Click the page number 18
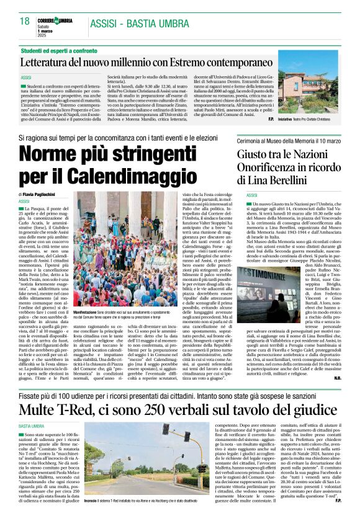[x=25, y=20]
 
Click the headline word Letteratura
[x=53, y=62]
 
